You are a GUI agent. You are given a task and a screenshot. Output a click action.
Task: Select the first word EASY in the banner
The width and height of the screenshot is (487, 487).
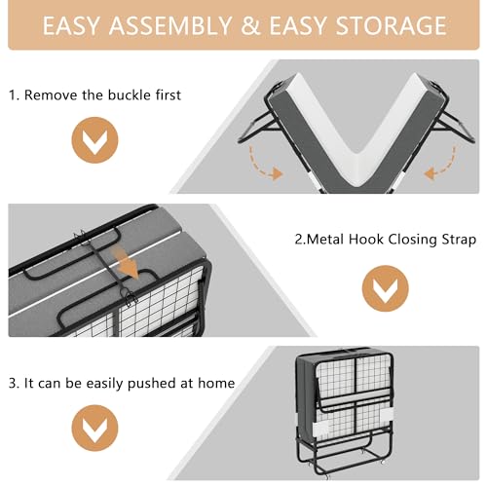coord(74,27)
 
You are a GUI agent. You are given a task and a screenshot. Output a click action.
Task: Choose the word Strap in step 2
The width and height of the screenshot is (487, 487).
coord(456,239)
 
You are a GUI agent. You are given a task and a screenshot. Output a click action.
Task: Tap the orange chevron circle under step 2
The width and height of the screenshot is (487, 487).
coord(384,289)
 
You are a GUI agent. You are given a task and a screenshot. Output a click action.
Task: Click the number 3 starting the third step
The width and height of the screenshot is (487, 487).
coord(12,383)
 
